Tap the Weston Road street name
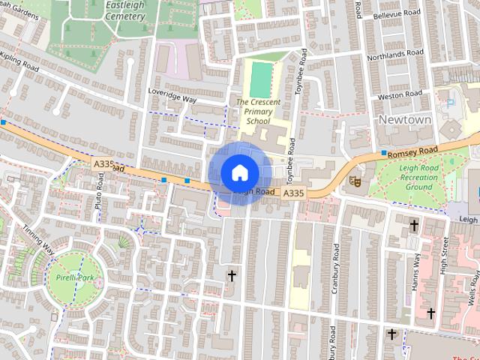400,96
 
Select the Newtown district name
405,120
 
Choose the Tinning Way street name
37,239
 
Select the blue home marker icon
239,173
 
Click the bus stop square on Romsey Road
384,153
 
